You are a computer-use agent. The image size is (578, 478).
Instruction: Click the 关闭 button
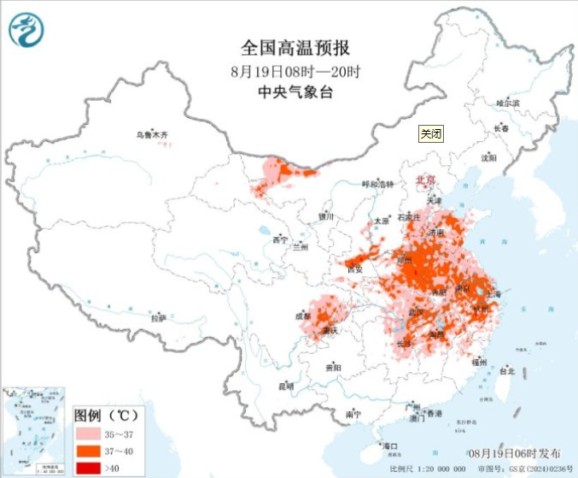(x=431, y=133)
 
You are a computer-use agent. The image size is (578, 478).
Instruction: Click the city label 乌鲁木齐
(x=154, y=135)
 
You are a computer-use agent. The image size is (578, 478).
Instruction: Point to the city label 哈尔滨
(x=508, y=103)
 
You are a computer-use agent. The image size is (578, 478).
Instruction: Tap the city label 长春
(x=500, y=129)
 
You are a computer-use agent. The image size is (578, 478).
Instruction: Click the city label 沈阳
(x=488, y=158)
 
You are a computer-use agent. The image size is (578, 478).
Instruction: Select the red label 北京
(x=425, y=180)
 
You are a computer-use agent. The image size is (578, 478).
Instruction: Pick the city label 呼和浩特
(x=378, y=184)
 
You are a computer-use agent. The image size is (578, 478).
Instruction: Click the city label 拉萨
(x=158, y=318)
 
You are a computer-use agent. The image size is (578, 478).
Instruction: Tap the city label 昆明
(x=285, y=387)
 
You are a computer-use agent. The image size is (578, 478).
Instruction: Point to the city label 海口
(x=391, y=446)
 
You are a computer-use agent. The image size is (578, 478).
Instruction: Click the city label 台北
(x=506, y=371)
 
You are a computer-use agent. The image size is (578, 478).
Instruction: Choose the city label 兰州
(x=300, y=248)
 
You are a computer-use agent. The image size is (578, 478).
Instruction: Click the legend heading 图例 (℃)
(x=105, y=416)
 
